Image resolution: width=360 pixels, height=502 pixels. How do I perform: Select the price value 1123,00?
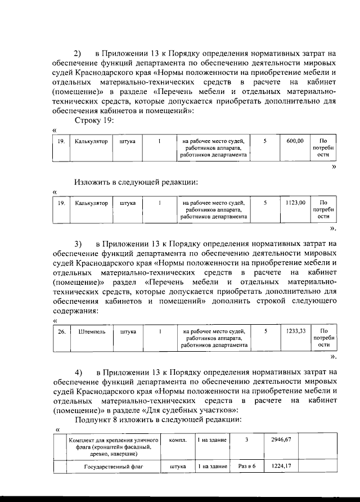click(x=295, y=202)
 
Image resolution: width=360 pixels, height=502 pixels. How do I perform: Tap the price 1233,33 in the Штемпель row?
click(x=295, y=331)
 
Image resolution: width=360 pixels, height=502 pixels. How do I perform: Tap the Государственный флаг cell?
click(x=111, y=467)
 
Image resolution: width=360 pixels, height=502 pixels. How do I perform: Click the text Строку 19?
click(x=94, y=120)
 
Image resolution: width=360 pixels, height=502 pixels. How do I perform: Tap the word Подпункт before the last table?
click(x=96, y=419)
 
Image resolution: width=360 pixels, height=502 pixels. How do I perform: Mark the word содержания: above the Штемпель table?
click(x=75, y=311)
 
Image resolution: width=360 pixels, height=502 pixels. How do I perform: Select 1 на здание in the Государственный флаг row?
click(x=212, y=467)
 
